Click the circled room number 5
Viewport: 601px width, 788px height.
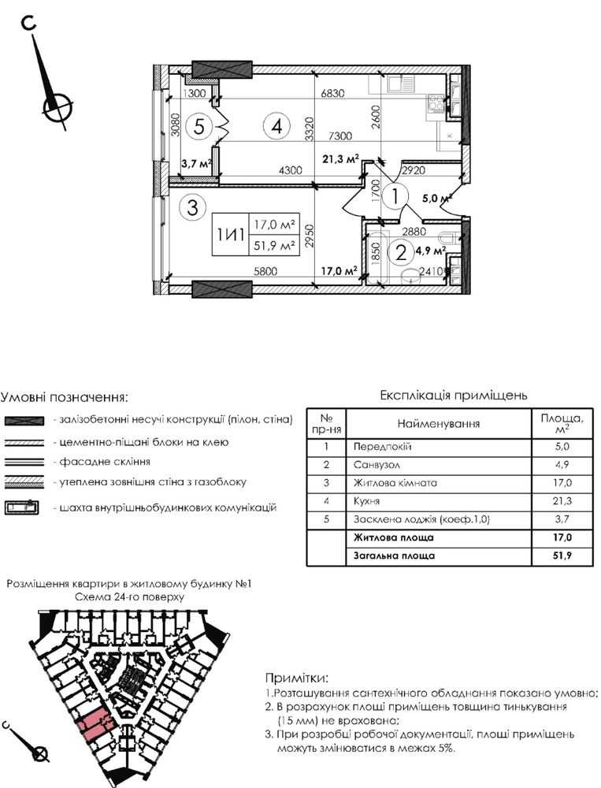tap(201, 125)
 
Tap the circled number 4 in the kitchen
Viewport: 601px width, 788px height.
tap(276, 125)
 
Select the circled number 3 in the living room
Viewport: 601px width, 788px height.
tap(191, 207)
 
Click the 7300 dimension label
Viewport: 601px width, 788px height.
tap(341, 135)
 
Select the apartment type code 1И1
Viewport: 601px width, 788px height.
tap(230, 234)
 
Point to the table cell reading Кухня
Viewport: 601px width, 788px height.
tap(366, 500)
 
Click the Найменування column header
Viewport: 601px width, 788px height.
tap(438, 424)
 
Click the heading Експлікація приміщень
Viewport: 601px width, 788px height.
tap(453, 395)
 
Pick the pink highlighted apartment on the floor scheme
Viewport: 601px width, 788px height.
tap(96, 723)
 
